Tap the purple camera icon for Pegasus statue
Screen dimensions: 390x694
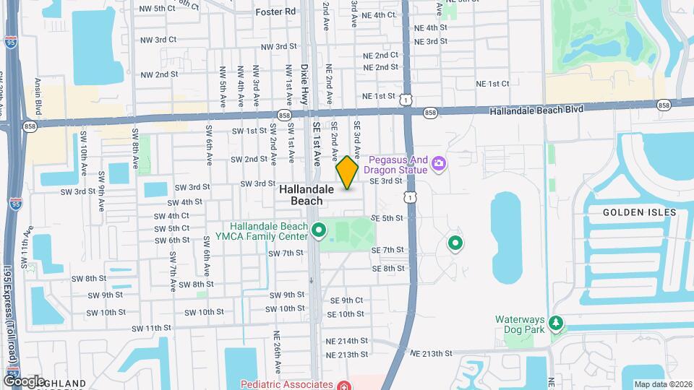click(438, 164)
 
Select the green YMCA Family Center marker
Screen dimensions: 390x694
click(320, 230)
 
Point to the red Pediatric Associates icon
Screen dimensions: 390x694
click(345, 385)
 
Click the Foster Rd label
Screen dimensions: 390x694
click(276, 12)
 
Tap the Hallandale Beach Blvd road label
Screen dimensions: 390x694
click(536, 110)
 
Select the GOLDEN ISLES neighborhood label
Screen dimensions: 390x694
click(640, 212)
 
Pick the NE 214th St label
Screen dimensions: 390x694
click(347, 340)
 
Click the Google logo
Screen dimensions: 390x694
click(23, 381)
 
